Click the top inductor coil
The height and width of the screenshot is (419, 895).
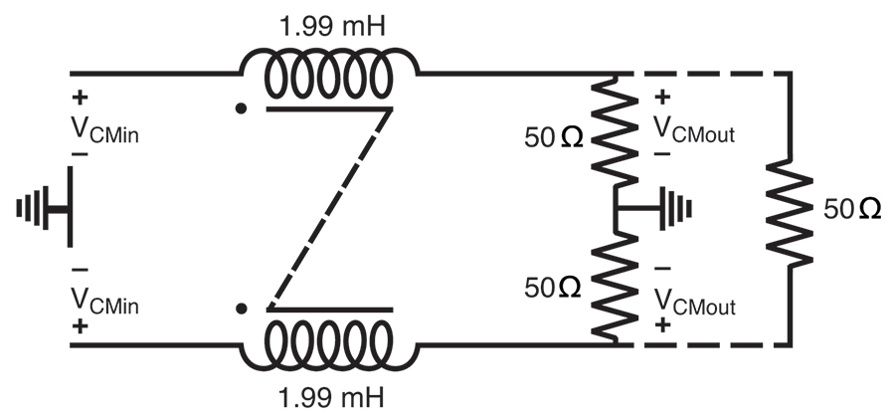[x=328, y=74]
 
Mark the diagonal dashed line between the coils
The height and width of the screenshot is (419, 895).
[x=327, y=209]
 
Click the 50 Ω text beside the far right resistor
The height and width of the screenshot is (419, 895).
[x=852, y=210]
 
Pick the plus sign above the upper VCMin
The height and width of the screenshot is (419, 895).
[x=80, y=100]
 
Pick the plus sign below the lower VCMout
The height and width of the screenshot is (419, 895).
[x=663, y=326]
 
